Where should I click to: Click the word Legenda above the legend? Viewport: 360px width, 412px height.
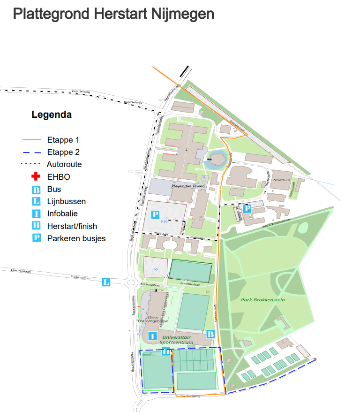click(x=52, y=114)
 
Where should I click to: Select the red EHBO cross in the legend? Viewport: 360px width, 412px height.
click(x=36, y=177)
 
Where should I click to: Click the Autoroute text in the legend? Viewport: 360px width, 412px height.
click(x=64, y=164)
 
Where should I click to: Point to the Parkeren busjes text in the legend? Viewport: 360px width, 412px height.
click(x=76, y=238)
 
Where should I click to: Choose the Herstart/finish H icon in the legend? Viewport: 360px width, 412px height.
click(x=36, y=226)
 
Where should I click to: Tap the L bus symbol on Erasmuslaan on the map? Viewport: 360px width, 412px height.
click(x=106, y=282)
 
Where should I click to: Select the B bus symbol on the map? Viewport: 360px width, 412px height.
click(x=210, y=334)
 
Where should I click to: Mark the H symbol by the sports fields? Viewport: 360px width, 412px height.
click(x=165, y=352)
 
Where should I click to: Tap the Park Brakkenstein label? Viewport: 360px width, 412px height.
click(x=263, y=299)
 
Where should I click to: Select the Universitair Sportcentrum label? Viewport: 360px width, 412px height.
click(x=176, y=340)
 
